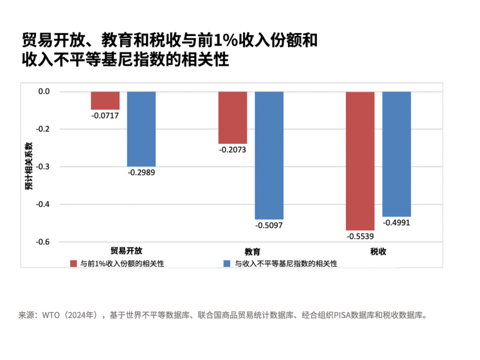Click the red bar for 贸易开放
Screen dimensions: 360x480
105,100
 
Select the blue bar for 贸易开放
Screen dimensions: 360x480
141,129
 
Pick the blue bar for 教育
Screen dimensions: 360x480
269,155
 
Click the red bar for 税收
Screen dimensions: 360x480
360,161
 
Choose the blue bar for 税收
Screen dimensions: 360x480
396,154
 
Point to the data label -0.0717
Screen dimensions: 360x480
105,116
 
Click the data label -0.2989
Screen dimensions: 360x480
142,172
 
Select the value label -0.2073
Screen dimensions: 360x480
232,150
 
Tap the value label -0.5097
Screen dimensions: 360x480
269,225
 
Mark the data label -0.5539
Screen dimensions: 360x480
360,236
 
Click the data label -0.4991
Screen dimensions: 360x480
396,223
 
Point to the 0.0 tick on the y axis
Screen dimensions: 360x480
44,92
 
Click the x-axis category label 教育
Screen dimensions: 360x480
252,252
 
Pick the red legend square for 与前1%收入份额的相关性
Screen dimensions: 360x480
74,264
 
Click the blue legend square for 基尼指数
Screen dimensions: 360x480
227,264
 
